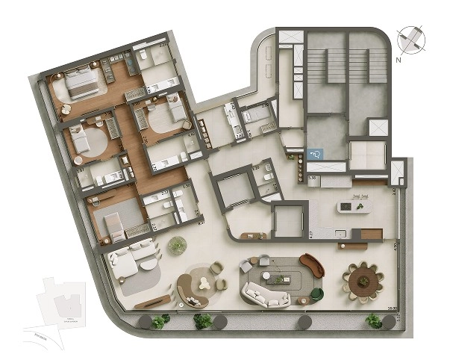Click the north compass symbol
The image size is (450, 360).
click(x=409, y=38)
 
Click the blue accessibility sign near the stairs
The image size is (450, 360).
click(x=316, y=154)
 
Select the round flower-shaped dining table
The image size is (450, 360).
click(x=363, y=282)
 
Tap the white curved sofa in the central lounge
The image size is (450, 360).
click(x=267, y=297)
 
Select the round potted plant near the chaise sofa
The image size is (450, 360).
click(x=178, y=245)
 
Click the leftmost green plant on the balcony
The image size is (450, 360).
click(x=159, y=322)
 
